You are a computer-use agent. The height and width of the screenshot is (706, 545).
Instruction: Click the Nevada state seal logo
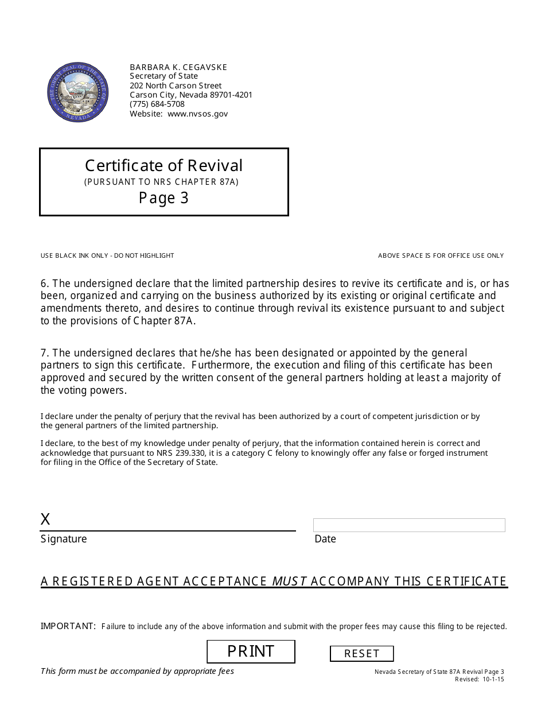click(77, 92)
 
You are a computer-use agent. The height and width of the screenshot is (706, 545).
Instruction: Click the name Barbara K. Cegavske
click(178, 67)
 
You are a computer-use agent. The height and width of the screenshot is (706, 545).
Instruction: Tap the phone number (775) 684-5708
click(157, 104)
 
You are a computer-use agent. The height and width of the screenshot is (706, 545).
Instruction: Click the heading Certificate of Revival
click(163, 165)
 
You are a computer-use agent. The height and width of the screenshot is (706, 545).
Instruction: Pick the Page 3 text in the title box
click(163, 198)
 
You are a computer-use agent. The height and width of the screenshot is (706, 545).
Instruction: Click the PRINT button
click(251, 651)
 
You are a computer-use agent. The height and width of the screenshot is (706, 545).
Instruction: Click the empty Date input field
click(409, 525)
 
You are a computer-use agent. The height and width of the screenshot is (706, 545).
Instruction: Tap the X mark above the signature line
click(45, 519)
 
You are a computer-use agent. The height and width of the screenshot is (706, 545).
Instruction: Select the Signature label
click(64, 539)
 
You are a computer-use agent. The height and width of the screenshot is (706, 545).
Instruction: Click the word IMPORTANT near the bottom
click(68, 626)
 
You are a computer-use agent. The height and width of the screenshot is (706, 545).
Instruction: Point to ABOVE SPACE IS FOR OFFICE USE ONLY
click(441, 255)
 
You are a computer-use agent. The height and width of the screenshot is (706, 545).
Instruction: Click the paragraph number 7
click(44, 352)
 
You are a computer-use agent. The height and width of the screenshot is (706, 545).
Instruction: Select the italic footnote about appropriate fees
click(137, 671)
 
